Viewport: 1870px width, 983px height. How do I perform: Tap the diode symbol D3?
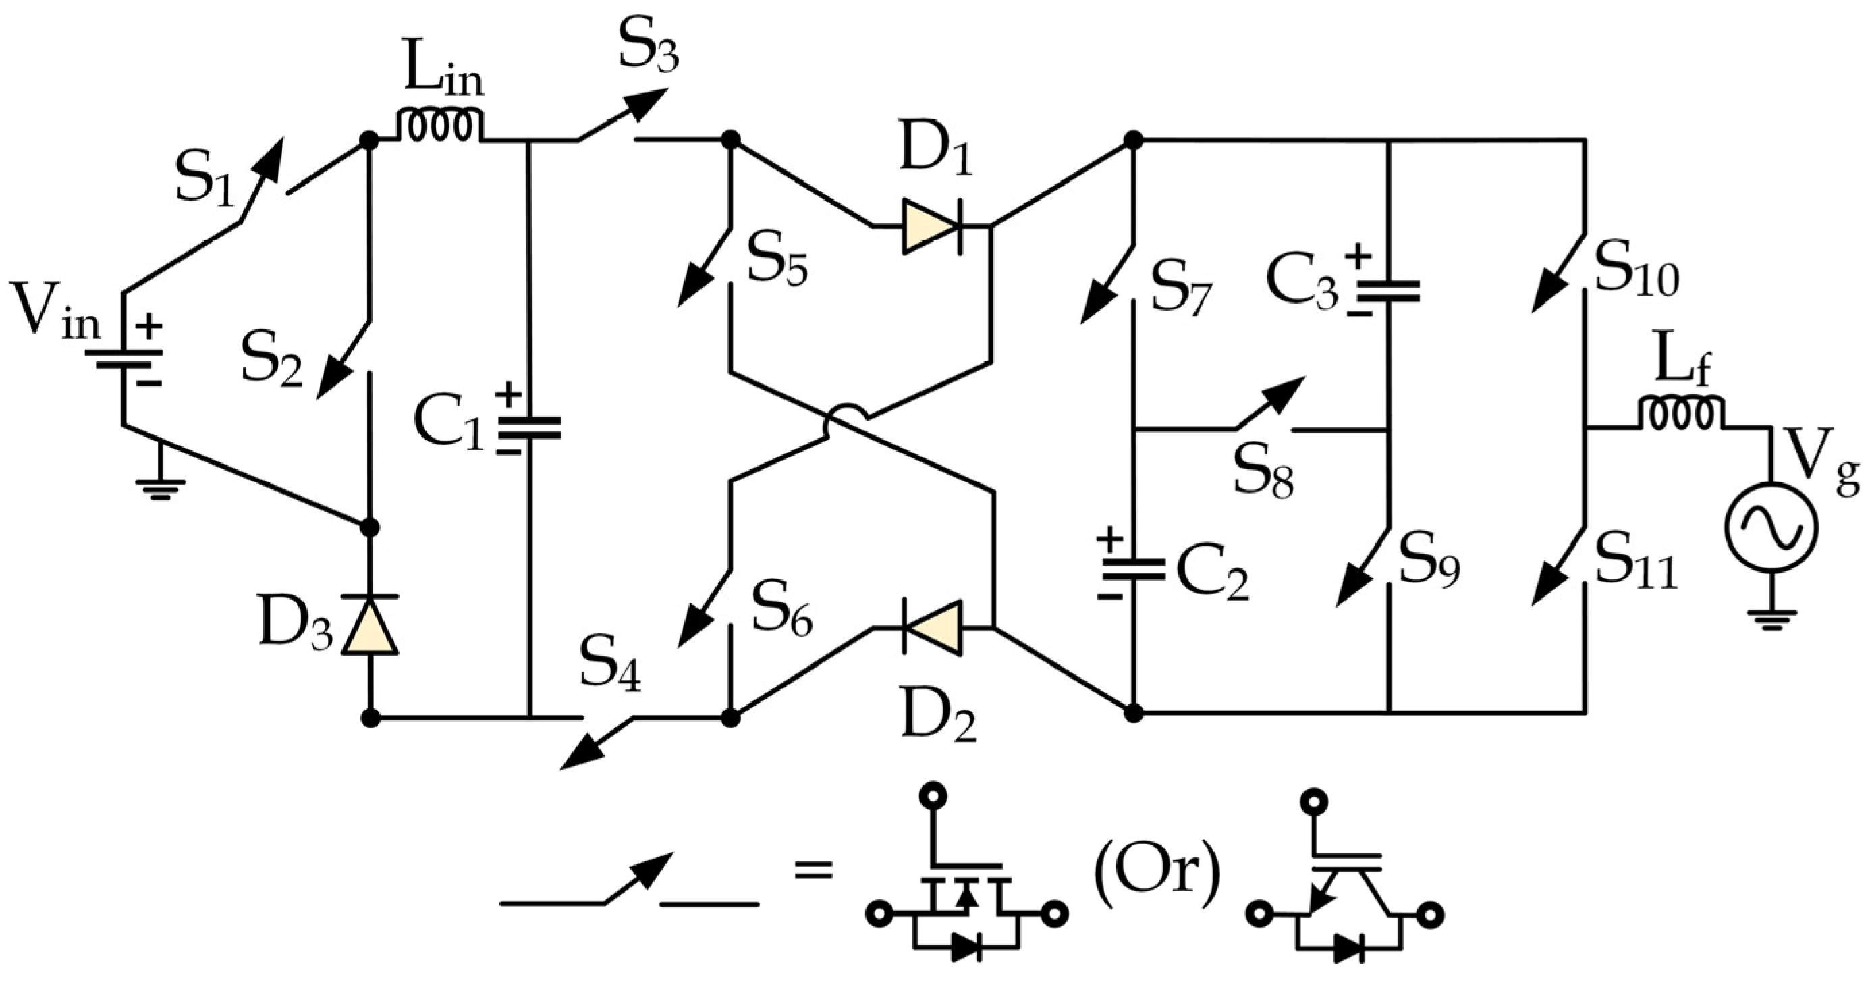click(370, 626)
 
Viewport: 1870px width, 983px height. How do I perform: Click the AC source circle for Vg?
click(1771, 527)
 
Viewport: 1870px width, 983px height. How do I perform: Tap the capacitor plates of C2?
click(1132, 569)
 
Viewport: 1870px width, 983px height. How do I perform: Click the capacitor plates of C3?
click(1387, 290)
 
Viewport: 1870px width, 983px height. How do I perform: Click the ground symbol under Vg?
click(1771, 620)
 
